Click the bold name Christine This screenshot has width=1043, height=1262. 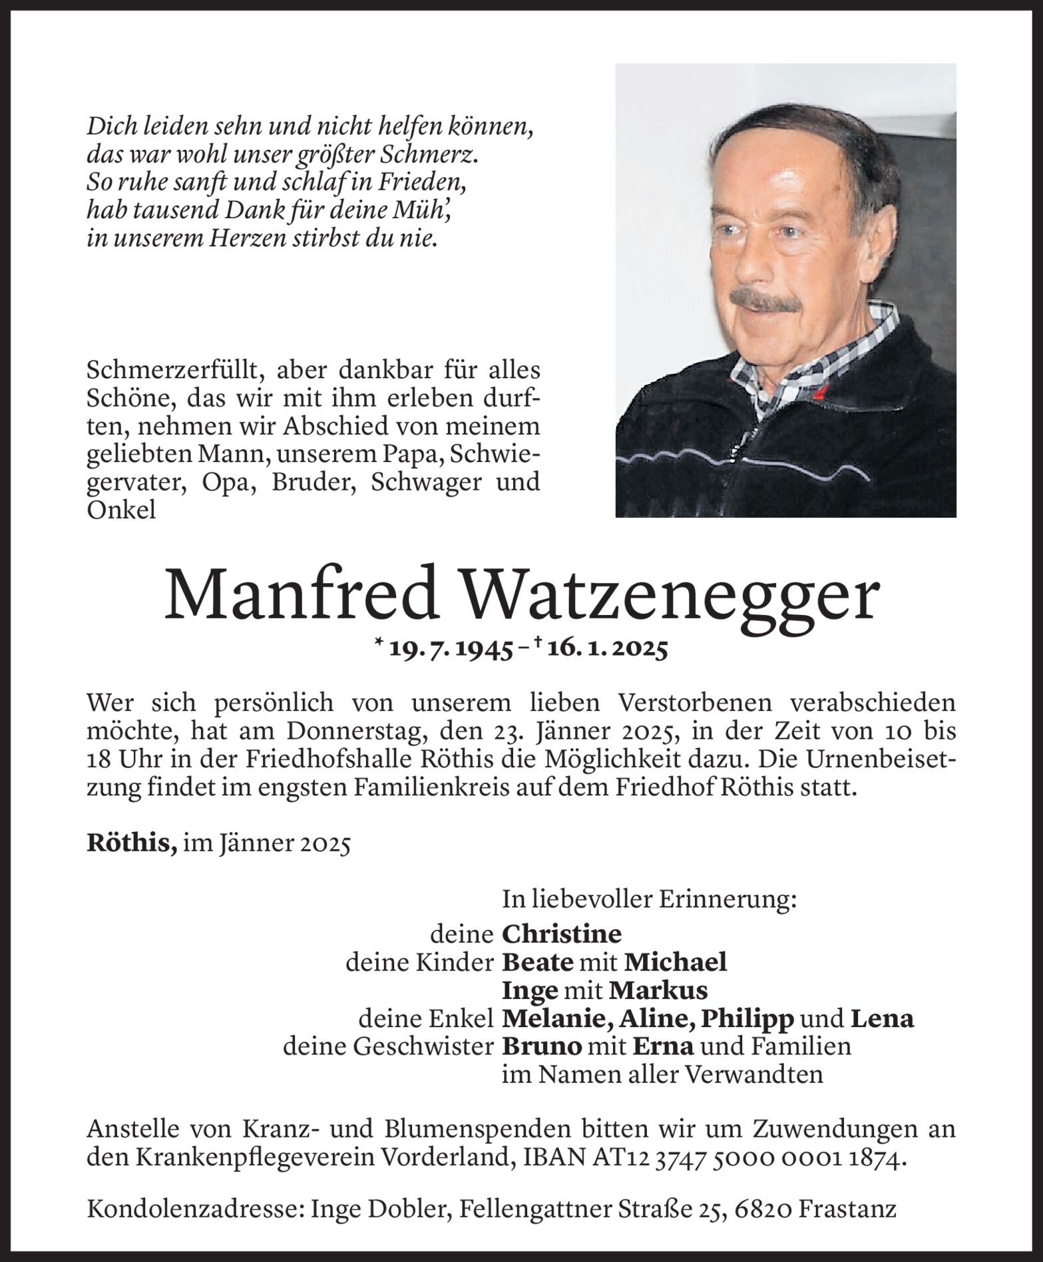click(561, 934)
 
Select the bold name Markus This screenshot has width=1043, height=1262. click(658, 990)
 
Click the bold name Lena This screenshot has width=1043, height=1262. click(881, 1018)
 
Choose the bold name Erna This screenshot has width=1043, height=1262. click(662, 1046)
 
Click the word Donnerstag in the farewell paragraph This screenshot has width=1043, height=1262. click(339, 732)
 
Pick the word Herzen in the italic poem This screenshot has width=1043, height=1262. click(246, 238)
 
